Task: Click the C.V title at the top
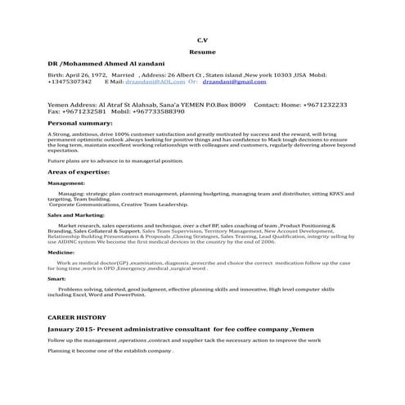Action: [x=202, y=38]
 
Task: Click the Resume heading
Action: [x=202, y=51]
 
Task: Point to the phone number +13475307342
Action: [x=70, y=82]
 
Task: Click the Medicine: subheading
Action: [x=61, y=254]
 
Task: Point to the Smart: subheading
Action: [x=57, y=279]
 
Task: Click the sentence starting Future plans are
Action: [x=115, y=161]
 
